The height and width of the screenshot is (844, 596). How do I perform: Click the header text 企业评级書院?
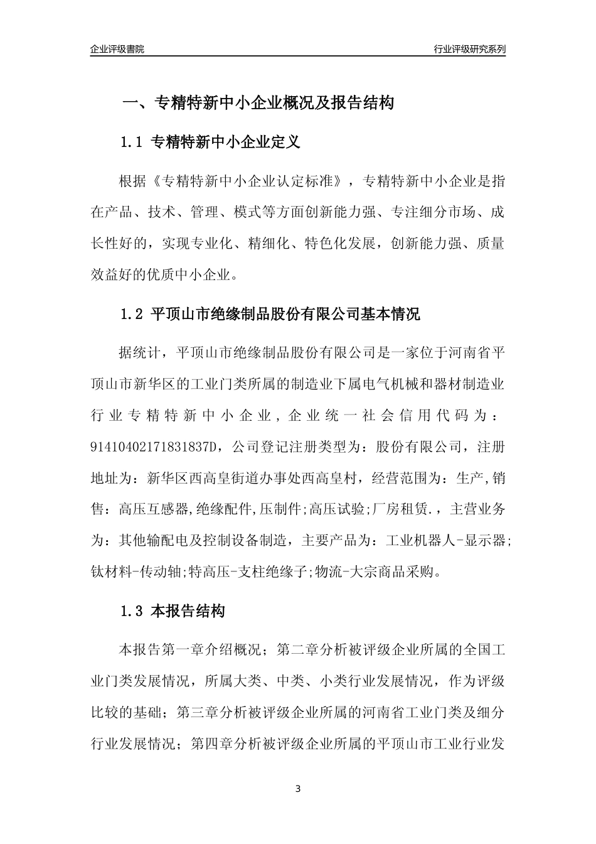pos(117,49)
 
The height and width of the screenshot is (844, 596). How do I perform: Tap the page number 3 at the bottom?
pos(298,789)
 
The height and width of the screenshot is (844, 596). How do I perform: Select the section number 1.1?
pos(132,143)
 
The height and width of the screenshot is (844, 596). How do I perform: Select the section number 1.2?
pos(132,314)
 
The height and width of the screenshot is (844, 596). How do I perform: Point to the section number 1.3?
pos(132,610)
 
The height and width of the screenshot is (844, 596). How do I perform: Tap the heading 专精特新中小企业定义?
pos(226,143)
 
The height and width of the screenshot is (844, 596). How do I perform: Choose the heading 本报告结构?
pos(188,610)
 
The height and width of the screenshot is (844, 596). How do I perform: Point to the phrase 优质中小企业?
pos(197,274)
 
